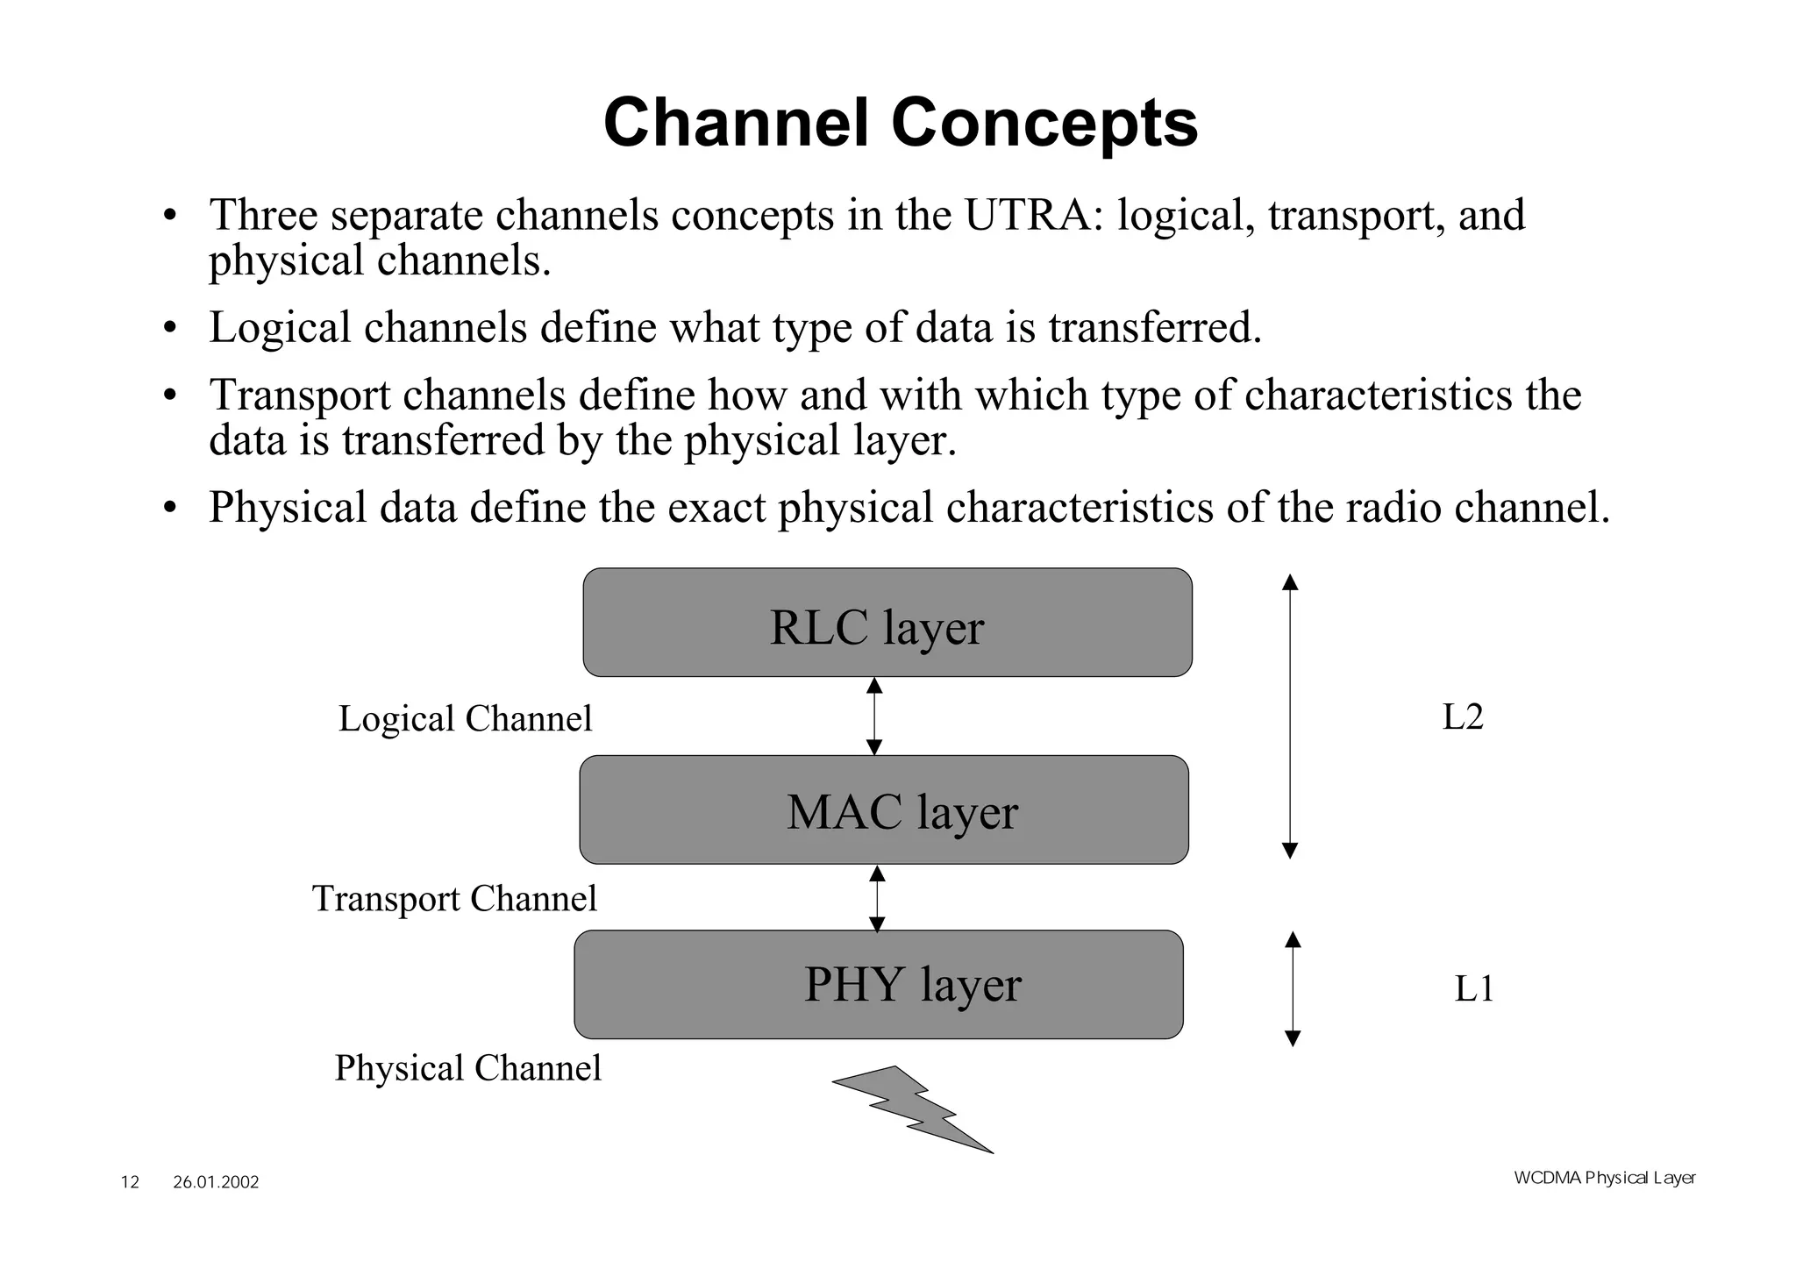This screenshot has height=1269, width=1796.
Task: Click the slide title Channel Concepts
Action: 901,123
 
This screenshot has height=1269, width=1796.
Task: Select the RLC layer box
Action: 887,623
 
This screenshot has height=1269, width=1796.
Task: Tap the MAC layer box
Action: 884,809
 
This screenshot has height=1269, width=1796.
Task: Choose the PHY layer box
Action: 879,984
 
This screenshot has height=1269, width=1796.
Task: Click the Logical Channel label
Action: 465,719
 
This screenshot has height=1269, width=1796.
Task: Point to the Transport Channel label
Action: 454,899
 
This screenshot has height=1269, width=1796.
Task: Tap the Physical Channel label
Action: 467,1068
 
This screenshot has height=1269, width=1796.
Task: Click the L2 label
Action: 1463,717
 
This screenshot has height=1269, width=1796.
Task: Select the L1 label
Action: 1473,989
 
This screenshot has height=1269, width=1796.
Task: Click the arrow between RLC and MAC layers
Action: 874,716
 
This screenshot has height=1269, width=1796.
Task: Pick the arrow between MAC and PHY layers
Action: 877,898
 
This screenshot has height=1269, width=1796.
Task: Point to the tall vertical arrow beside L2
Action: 1290,716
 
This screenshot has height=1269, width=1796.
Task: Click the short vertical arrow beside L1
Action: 1293,988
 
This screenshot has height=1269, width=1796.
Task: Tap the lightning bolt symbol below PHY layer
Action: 912,1109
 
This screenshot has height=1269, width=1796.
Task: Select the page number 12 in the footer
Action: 130,1182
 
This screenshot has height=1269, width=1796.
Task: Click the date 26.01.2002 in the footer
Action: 216,1182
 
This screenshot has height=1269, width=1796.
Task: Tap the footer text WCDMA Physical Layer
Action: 1604,1178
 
